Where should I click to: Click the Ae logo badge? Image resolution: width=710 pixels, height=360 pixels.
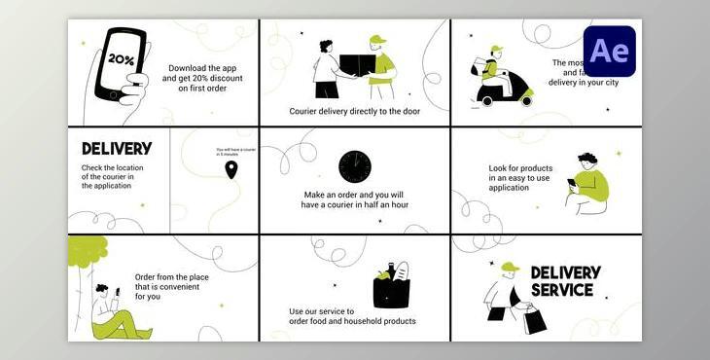coord(610,52)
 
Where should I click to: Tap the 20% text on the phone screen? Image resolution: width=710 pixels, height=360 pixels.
coord(122,59)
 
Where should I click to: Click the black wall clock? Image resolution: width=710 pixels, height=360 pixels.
coord(355,165)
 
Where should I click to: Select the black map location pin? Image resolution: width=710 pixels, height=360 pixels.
coord(231,170)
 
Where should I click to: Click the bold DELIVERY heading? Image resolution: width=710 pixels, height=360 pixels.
coord(117,149)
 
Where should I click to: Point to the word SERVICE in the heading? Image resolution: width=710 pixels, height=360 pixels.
coord(562,290)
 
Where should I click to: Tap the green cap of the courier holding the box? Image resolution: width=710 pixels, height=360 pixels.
coord(377,42)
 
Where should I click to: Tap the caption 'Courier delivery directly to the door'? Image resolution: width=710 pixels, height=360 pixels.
coord(354,112)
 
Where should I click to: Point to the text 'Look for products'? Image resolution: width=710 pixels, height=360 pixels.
coord(520,168)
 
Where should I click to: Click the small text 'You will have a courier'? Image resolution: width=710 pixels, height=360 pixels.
coord(234,149)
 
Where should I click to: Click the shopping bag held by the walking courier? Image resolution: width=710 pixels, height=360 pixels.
coord(533,318)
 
